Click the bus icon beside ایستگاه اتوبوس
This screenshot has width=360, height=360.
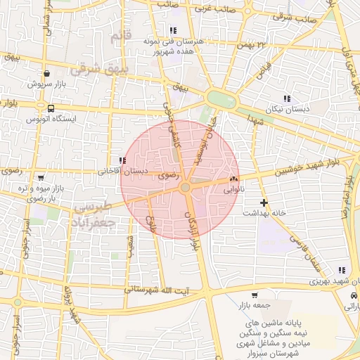click(51, 108)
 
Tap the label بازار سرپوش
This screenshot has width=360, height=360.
click(46, 84)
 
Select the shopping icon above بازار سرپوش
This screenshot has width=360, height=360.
click(46, 73)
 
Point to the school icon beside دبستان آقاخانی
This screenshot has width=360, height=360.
click(122, 160)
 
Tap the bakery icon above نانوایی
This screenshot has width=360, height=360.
click(233, 180)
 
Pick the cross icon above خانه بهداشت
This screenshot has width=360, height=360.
click(264, 202)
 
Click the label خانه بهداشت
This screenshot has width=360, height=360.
click(263, 213)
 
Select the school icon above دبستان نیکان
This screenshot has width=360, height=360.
click(286, 98)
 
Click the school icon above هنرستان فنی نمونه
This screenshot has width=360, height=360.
click(173, 30)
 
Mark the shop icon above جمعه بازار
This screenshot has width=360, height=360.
click(254, 295)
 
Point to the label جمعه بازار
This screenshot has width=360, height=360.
click(255, 306)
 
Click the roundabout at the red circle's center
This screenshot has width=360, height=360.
click(185, 188)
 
